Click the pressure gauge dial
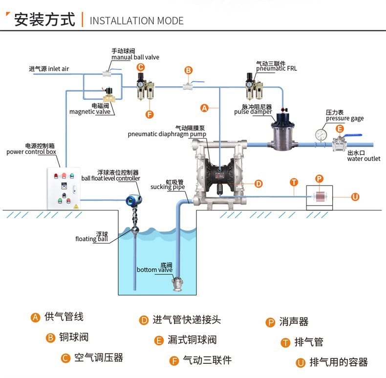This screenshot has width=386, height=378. pyautogui.click(x=321, y=134)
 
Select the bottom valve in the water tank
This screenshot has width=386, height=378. pyautogui.click(x=177, y=282)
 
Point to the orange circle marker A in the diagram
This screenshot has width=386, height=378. pyautogui.click(x=205, y=107)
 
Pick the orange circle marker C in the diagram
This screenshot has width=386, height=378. pyautogui.click(x=140, y=67)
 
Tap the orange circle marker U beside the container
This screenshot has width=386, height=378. pyautogui.click(x=355, y=197)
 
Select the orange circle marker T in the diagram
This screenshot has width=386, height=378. pyautogui.click(x=294, y=182)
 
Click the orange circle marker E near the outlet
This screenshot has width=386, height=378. pyautogui.click(x=339, y=128)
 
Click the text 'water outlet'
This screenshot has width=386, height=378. pyautogui.click(x=364, y=159)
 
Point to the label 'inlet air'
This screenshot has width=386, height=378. pyautogui.click(x=58, y=69)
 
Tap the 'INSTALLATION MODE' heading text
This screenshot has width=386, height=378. pyautogui.click(x=136, y=21)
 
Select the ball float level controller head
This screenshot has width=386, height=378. pyautogui.click(x=133, y=200)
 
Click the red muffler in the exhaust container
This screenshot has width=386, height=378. pyautogui.click(x=319, y=197)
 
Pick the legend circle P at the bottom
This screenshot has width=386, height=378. pyautogui.click(x=270, y=322)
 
